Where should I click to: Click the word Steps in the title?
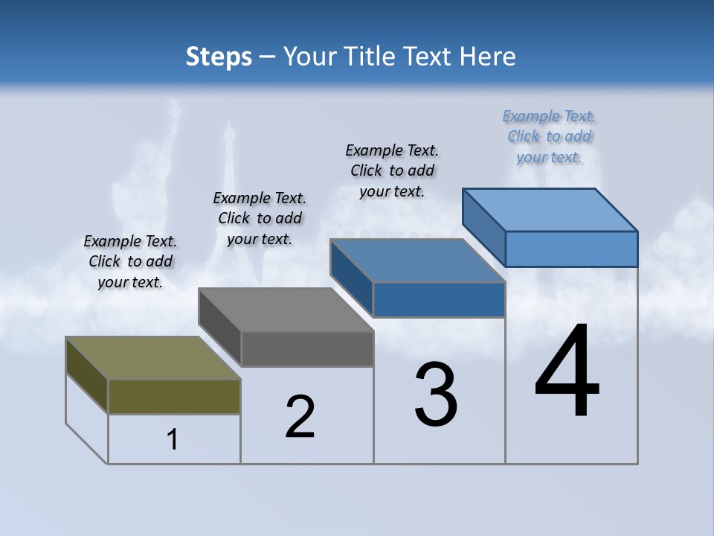[x=219, y=57]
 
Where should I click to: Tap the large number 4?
[x=567, y=372]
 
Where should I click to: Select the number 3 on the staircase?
[x=436, y=395]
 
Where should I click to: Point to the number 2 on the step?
[x=300, y=417]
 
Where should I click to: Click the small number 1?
[x=173, y=439]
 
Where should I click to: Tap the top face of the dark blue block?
[x=416, y=261]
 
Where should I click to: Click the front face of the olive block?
[x=174, y=396]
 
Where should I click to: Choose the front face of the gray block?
[x=306, y=348]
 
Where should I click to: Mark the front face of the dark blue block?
[x=439, y=299]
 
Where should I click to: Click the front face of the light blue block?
[x=571, y=249]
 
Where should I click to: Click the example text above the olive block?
[x=130, y=261]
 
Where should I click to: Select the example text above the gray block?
[x=260, y=218]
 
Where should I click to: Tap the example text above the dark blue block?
[x=392, y=170]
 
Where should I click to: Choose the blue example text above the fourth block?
[x=549, y=136]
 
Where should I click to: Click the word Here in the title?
[x=489, y=57]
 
